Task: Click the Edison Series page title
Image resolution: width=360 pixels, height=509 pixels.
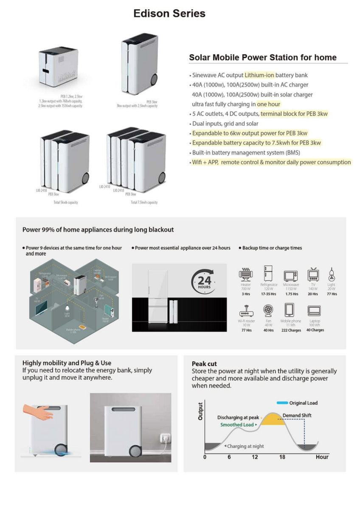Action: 169,14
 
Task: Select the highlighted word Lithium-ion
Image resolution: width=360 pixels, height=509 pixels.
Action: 260,76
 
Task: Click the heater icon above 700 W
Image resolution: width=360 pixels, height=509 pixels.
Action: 246,274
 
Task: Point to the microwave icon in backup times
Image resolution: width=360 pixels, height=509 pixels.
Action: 291,275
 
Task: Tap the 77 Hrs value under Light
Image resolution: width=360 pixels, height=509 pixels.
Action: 332,294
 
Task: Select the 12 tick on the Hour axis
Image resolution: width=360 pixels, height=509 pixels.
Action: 255,457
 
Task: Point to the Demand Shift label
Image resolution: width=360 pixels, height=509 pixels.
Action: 297,415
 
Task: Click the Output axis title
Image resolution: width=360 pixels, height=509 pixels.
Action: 200,411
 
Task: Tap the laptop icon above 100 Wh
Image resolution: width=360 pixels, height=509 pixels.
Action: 314,311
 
